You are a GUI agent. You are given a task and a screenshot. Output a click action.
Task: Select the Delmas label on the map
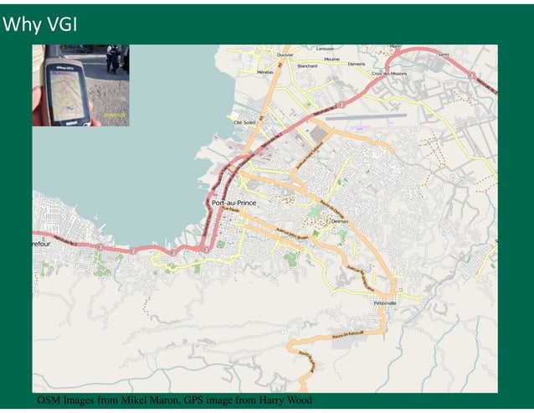click(340, 221)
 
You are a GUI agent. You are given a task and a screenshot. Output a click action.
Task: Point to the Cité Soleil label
click(244, 121)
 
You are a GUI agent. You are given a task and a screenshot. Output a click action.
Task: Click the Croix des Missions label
click(389, 73)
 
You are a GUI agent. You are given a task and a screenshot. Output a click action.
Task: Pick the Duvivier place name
click(285, 54)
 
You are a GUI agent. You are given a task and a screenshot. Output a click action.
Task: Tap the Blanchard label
click(307, 65)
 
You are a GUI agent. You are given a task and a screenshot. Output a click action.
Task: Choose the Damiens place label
click(357, 64)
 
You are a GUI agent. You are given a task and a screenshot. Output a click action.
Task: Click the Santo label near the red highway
click(444, 55)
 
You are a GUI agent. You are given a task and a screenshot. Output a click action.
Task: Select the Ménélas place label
click(266, 72)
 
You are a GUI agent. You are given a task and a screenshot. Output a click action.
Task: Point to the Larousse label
click(326, 49)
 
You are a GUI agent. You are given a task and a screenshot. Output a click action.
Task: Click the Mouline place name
click(331, 59)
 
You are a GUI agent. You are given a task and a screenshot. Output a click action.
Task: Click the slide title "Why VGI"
click(41, 25)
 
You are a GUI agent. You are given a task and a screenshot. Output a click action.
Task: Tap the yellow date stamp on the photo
click(115, 113)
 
